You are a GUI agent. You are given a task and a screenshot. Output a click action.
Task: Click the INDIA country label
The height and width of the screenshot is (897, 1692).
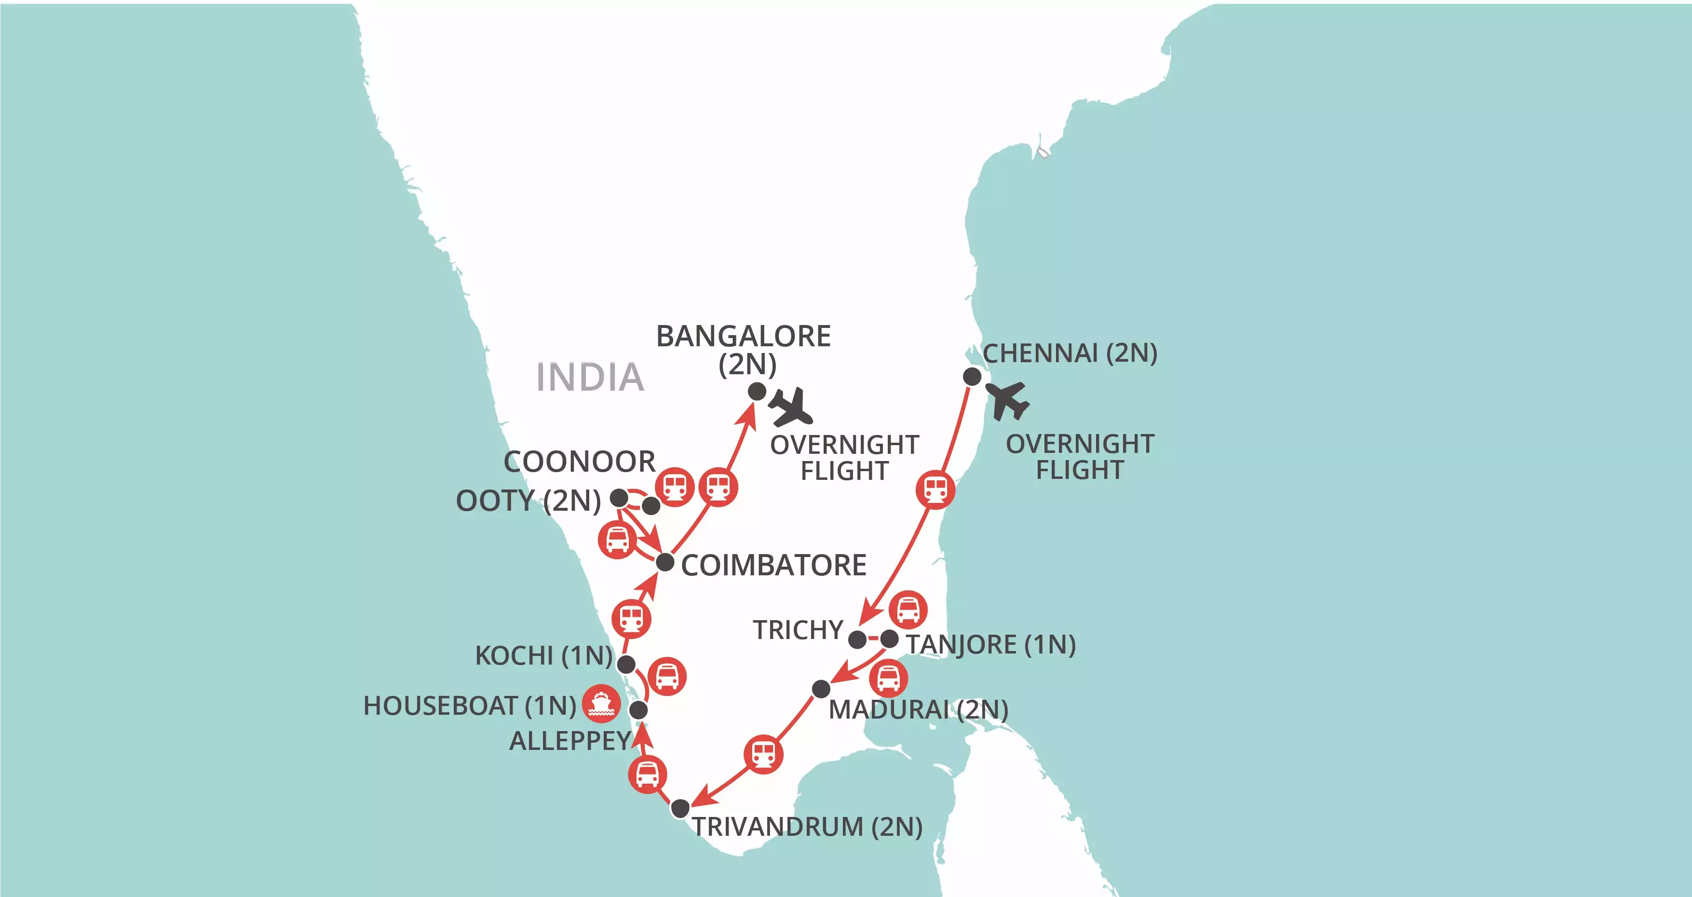(x=590, y=377)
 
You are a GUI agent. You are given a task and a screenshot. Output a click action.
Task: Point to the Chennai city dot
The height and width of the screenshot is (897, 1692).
(x=972, y=377)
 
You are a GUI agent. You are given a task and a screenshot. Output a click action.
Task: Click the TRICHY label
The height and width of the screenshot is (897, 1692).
(x=798, y=630)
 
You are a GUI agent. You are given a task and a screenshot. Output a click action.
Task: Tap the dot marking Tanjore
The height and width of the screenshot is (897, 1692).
(x=889, y=639)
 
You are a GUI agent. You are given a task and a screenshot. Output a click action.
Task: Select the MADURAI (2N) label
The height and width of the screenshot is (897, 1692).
(x=918, y=710)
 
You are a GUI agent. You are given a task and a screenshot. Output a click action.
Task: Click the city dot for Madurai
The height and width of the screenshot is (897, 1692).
(x=821, y=689)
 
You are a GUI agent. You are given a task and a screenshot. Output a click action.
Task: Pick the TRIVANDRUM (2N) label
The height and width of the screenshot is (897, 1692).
(x=807, y=827)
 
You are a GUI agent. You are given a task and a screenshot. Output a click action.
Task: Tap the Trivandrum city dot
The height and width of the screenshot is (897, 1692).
(x=680, y=808)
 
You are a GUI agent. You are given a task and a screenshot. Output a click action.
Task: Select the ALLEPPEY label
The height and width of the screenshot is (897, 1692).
(x=570, y=741)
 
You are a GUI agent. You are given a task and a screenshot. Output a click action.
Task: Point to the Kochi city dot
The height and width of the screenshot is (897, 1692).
(x=626, y=665)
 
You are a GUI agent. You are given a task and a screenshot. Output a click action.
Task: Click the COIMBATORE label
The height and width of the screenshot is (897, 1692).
(x=774, y=566)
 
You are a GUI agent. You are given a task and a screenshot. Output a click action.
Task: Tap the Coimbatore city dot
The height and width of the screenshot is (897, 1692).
(x=665, y=562)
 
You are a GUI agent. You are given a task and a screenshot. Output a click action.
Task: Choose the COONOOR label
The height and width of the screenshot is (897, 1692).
(x=579, y=462)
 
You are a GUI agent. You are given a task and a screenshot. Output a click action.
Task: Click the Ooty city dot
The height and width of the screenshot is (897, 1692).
(x=619, y=498)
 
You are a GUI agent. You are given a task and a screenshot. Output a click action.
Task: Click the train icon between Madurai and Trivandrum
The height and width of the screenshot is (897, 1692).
(x=764, y=754)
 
